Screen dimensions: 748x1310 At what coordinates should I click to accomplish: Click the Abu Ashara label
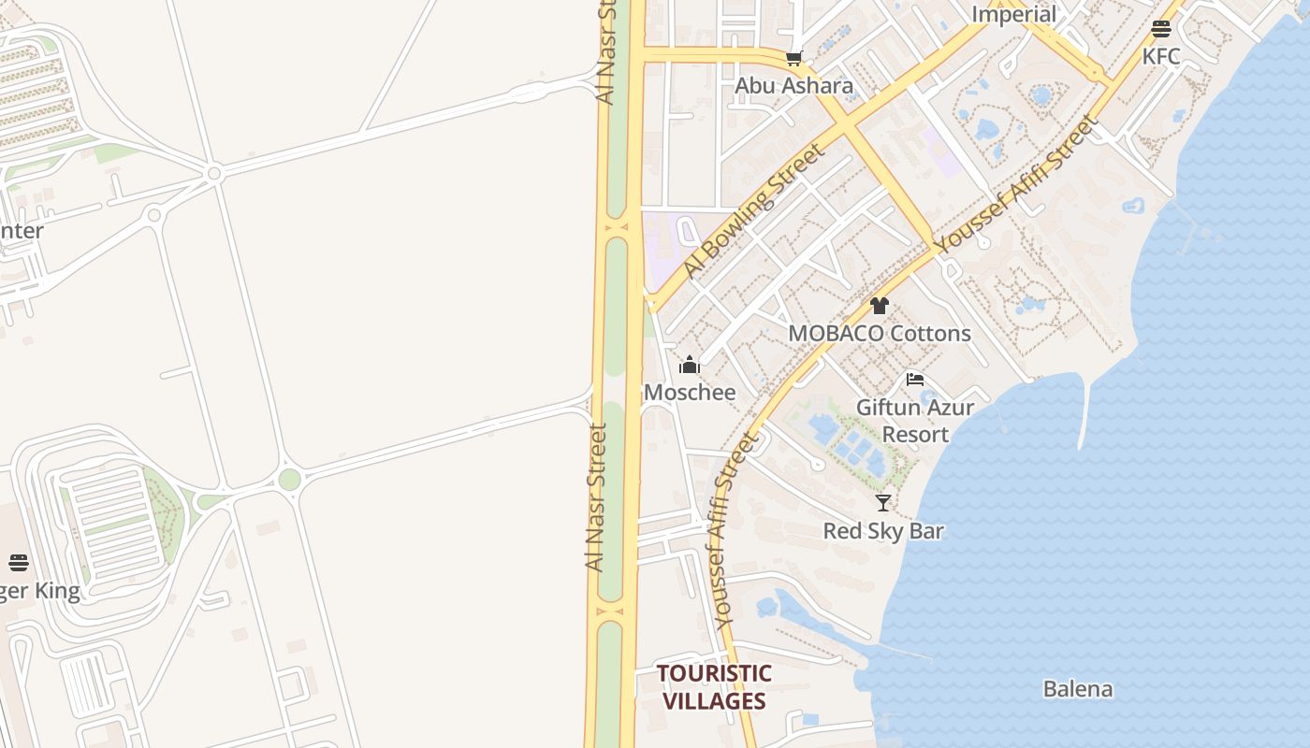pyautogui.click(x=793, y=86)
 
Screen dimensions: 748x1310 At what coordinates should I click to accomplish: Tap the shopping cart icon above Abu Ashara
pyautogui.click(x=794, y=59)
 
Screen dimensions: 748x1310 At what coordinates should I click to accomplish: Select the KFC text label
pyautogui.click(x=1161, y=56)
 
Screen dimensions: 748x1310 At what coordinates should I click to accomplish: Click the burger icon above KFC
pyautogui.click(x=1161, y=29)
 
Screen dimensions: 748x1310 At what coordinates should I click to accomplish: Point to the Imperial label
pyautogui.click(x=1013, y=14)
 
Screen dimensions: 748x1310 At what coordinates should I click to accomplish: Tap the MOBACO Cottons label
pyautogui.click(x=879, y=333)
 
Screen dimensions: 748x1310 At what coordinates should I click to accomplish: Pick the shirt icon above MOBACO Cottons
pyautogui.click(x=879, y=306)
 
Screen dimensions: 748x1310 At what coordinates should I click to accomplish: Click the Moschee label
pyautogui.click(x=690, y=392)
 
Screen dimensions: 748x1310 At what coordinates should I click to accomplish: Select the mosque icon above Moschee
pyautogui.click(x=690, y=365)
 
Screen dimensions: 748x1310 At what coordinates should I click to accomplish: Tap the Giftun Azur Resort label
pyautogui.click(x=915, y=421)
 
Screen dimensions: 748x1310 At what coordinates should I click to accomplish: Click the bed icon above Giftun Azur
pyautogui.click(x=915, y=380)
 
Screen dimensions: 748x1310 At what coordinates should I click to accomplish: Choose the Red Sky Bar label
pyautogui.click(x=883, y=531)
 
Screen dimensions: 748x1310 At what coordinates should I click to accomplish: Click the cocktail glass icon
pyautogui.click(x=883, y=503)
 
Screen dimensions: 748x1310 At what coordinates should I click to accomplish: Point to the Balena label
pyautogui.click(x=1078, y=689)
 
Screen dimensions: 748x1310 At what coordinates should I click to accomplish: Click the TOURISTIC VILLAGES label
pyautogui.click(x=713, y=687)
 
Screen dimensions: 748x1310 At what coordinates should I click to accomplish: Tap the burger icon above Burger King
pyautogui.click(x=19, y=562)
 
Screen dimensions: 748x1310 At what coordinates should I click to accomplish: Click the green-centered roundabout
pyautogui.click(x=289, y=480)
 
